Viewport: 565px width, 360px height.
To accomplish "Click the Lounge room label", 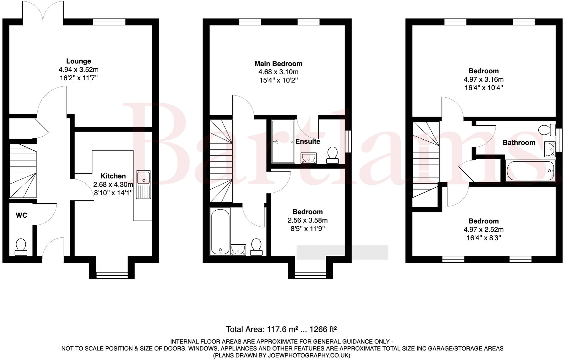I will (x=79, y=61).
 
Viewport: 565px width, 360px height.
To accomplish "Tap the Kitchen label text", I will (x=113, y=176).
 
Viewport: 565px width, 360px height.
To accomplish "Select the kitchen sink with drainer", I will (x=144, y=185).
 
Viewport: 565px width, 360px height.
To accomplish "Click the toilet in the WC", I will (x=21, y=247).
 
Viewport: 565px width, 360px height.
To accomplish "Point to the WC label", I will (x=22, y=215).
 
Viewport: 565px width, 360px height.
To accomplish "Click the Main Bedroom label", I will (x=279, y=64).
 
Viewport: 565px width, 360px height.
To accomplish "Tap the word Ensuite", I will (x=308, y=141).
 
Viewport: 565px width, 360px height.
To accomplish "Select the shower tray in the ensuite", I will (x=283, y=142).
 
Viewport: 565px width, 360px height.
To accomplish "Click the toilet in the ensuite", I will (x=332, y=155).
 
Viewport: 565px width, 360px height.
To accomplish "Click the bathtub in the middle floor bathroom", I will (x=220, y=231).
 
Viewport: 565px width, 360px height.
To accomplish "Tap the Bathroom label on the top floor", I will (x=519, y=143).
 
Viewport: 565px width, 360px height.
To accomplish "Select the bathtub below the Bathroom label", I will (x=530, y=171).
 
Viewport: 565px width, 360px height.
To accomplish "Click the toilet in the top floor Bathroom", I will (x=547, y=129).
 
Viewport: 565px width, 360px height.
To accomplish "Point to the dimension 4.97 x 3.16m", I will (x=483, y=79).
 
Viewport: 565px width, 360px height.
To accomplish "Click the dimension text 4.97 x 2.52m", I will (x=483, y=229).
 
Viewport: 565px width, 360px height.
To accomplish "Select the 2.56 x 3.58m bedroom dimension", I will (x=307, y=220).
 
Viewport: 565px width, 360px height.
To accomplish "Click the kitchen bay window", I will (x=112, y=275).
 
